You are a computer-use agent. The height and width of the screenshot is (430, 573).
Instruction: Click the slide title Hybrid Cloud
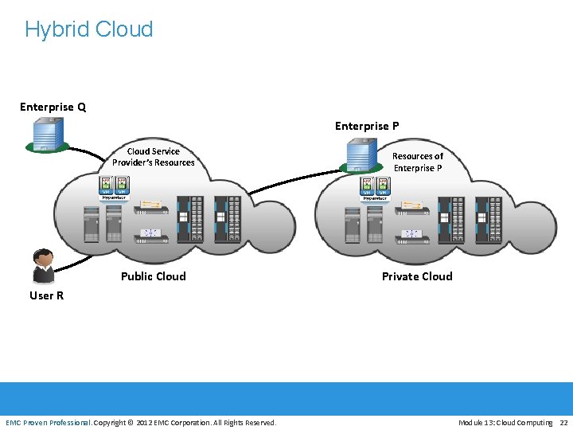coord(88,29)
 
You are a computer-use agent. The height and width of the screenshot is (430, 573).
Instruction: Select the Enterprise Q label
coord(53,107)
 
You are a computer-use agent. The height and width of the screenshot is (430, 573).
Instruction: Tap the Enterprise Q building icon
coord(47,134)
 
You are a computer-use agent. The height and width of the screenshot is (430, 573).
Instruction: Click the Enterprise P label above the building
coord(367,126)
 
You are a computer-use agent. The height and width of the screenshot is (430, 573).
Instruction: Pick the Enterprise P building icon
coord(361,155)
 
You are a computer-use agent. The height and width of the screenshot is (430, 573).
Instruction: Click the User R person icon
coord(42,266)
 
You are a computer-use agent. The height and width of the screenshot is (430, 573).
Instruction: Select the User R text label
coord(46,295)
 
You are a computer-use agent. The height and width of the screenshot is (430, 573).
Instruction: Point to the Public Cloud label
coord(153,276)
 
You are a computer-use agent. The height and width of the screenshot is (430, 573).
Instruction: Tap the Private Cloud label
coord(417,276)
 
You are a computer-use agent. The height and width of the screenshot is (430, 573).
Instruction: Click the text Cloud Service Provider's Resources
coord(153,157)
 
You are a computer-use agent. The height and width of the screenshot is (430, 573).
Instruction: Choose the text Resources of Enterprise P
coord(417,162)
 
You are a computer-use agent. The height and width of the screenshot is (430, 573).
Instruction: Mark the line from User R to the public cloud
coord(80,264)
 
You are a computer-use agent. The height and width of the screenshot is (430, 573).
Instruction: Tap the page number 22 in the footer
coord(563,422)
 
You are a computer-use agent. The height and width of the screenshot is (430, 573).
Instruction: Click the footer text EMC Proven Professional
coord(48,422)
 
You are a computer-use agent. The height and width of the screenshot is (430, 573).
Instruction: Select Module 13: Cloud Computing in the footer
coord(505,422)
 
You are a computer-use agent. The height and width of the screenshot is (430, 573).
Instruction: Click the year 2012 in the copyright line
coord(145,422)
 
